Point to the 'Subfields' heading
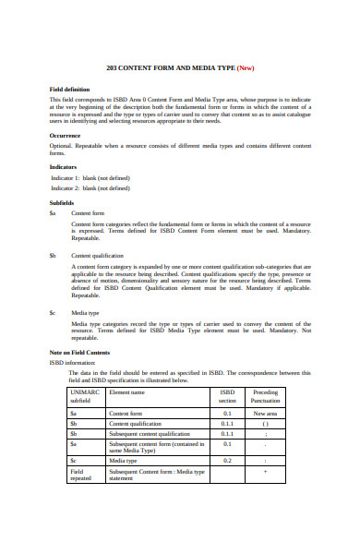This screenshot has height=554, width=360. tap(63, 200)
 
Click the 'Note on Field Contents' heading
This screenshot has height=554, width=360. tap(79, 353)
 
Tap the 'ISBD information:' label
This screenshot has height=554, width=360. tap(73, 362)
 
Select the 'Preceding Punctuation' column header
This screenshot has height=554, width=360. tap(265, 396)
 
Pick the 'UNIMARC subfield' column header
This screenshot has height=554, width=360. tap(87, 396)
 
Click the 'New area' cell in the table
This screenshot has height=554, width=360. tap(265, 414)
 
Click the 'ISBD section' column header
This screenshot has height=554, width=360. tap(227, 396)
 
